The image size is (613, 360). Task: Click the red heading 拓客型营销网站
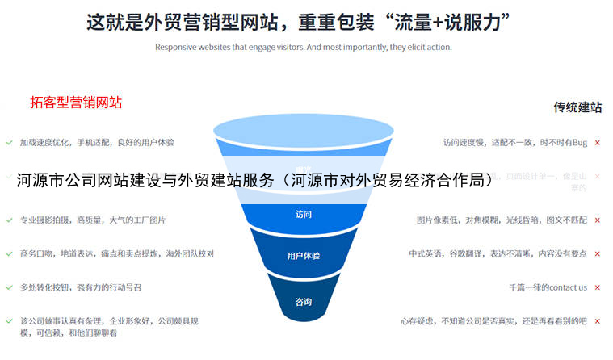pos(76,102)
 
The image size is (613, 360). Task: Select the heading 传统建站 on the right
pos(577,107)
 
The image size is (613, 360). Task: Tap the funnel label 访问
pos(303,215)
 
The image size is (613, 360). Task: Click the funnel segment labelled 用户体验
pos(303,256)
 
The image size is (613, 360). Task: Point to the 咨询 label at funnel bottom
pos(303,303)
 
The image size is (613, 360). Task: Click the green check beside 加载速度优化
pos(9,142)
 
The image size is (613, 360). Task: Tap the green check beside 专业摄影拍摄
pos(9,220)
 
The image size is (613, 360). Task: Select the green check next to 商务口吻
pos(9,253)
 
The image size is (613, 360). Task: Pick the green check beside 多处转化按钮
pos(9,287)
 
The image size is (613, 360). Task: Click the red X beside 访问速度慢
pos(597,143)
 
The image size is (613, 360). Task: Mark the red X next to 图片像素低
pos(597,220)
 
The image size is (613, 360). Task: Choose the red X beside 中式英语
pos(597,253)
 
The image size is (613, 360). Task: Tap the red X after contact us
pos(597,287)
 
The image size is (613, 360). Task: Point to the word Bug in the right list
pos(580,143)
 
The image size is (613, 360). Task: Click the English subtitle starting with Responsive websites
pos(303,47)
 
